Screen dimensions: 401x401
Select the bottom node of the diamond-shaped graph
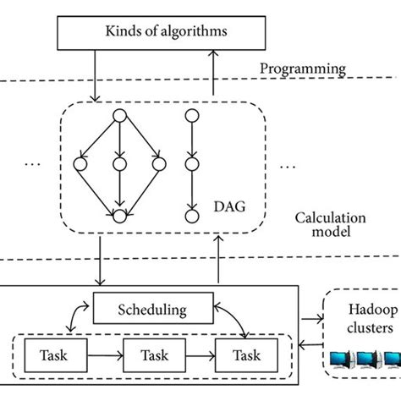[x=119, y=217]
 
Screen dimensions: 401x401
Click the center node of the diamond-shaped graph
[x=119, y=162]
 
